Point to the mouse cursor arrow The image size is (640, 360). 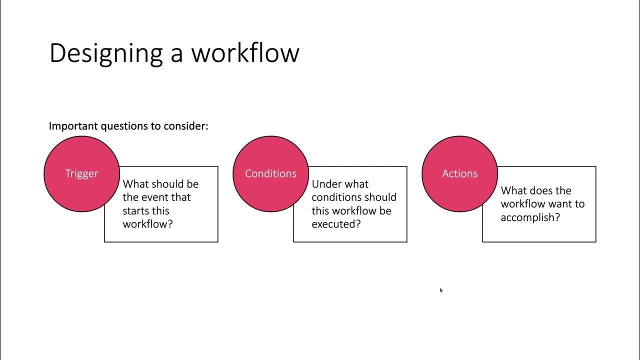[441, 290]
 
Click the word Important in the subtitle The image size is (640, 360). [73, 126]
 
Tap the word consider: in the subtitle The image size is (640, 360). [186, 126]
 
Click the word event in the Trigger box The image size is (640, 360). [155, 197]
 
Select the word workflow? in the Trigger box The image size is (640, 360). [147, 224]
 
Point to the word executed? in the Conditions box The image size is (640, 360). [336, 224]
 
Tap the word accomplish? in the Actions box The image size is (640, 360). [530, 217]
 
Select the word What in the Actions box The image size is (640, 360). [513, 190]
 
